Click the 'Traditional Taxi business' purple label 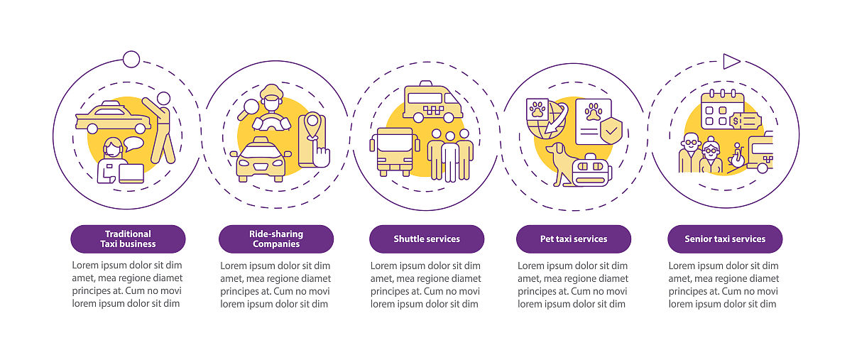point(128,239)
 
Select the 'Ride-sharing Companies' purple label point(276,239)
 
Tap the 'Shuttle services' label point(427,239)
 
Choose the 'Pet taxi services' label point(574,239)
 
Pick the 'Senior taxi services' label point(725,239)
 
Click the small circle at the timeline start point(131,60)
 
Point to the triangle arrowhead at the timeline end point(731,62)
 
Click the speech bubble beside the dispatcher point(133,144)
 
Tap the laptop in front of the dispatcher point(131,173)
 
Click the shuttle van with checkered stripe point(432,102)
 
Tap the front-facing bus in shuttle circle point(395,151)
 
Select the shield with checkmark point(611,130)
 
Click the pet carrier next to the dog point(592,170)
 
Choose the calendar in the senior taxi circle point(722,109)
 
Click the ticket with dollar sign point(745,121)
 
